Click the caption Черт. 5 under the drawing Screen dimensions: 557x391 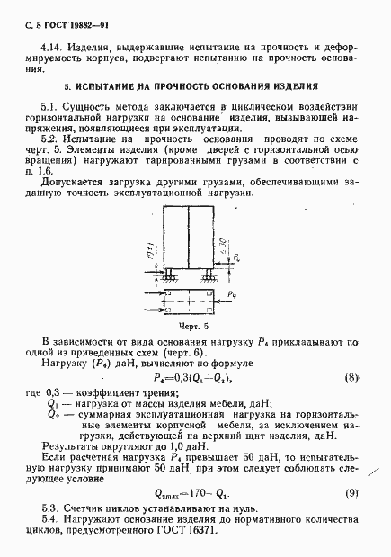coord(194,326)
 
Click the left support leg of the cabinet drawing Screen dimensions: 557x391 coord(166,272)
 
